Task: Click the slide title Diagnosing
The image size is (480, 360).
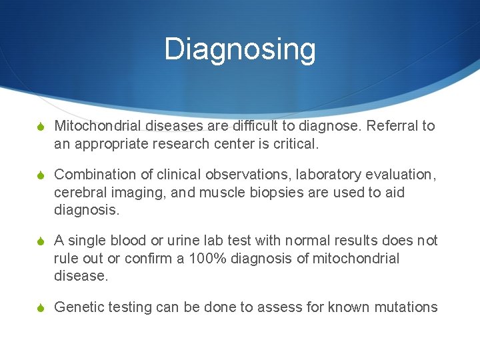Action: [x=240, y=49]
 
